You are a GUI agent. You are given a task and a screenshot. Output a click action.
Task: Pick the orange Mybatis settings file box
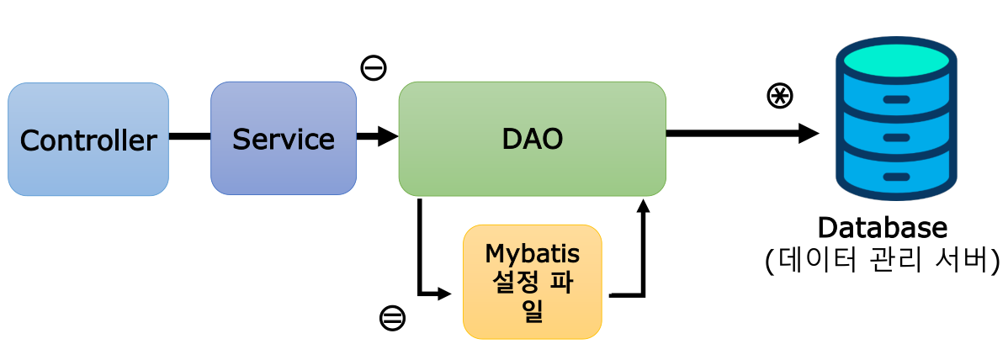[533, 282]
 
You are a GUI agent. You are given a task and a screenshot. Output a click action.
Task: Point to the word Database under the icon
[883, 227]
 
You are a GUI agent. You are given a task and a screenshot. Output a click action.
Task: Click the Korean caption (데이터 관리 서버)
[883, 261]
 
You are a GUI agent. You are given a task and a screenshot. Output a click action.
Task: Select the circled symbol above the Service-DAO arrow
[374, 67]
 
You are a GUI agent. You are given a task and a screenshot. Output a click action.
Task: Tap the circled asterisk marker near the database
[780, 96]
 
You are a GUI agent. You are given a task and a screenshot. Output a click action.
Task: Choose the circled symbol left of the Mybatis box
[392, 317]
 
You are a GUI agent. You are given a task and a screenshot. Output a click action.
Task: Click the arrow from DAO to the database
[740, 133]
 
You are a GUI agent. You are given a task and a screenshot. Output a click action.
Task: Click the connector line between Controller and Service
[189, 135]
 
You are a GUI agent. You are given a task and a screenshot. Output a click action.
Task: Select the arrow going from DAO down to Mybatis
[419, 252]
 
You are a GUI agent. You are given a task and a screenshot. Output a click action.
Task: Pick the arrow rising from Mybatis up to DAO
[644, 252]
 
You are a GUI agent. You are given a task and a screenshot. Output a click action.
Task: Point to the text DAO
[532, 139]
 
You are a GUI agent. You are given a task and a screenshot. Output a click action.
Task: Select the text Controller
[88, 140]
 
